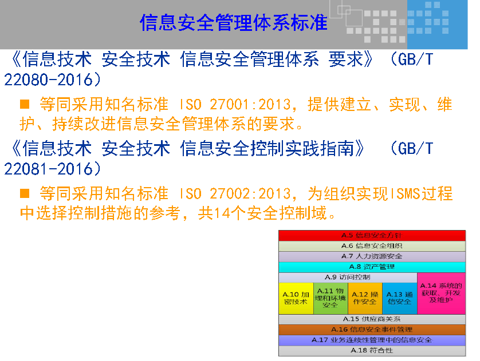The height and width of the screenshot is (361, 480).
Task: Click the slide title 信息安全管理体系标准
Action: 234,22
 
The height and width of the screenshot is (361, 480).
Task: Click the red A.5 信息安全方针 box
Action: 372,235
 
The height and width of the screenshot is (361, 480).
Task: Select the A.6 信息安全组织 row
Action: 372,245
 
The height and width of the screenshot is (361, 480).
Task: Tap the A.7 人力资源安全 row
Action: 372,256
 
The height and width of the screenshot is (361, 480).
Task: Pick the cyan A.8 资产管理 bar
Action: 372,267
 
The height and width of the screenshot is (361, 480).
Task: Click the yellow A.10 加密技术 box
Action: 296,298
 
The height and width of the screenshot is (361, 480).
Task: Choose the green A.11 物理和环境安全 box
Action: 331,298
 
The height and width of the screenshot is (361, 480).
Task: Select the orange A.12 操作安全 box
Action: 364,298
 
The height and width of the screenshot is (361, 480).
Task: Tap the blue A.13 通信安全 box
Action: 399,298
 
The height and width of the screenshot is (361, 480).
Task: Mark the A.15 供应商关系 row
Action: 372,319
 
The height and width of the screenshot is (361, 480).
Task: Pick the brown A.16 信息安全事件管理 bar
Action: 372,330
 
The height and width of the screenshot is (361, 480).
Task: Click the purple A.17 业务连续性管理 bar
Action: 372,340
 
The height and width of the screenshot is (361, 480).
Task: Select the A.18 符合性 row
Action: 372,350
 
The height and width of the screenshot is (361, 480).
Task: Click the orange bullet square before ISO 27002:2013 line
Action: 25,193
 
